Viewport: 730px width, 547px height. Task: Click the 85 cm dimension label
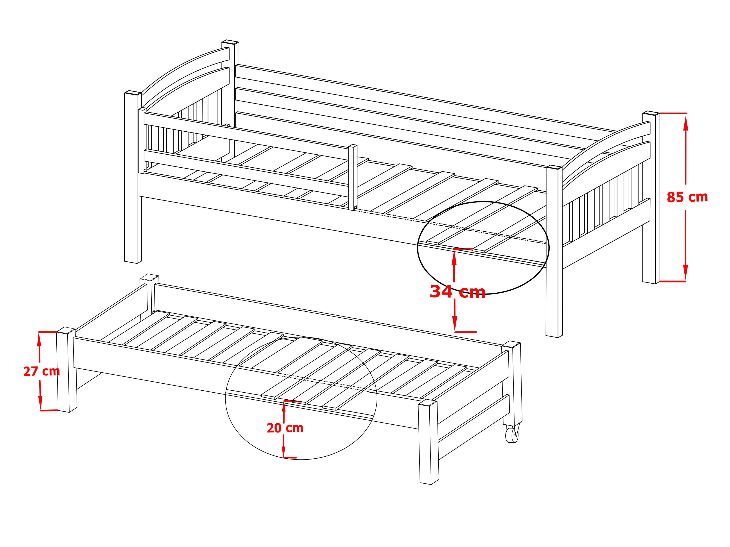pyautogui.click(x=687, y=197)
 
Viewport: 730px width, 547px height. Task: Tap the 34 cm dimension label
pyautogui.click(x=457, y=292)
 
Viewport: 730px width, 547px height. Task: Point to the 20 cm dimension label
pyautogui.click(x=285, y=428)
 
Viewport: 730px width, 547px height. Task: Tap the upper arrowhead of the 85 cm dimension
pyautogui.click(x=685, y=123)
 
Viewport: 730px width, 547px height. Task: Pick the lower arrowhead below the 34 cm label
pyautogui.click(x=455, y=324)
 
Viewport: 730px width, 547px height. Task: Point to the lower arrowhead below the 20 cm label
pyautogui.click(x=283, y=452)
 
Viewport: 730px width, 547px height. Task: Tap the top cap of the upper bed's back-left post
pyautogui.click(x=230, y=42)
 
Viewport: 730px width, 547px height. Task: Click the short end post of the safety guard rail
pyautogui.click(x=353, y=177)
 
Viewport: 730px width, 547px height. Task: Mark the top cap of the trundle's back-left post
pyautogui.click(x=149, y=277)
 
